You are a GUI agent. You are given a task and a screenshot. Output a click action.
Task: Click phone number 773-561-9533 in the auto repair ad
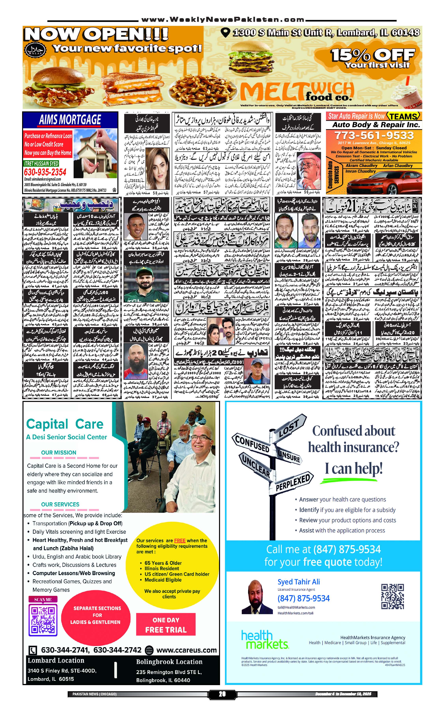[374, 136]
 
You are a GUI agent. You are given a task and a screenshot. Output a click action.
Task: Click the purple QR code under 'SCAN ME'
[43, 620]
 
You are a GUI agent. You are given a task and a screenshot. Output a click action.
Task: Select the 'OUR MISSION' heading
[59, 452]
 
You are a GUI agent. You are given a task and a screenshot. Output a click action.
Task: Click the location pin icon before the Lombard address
[225, 32]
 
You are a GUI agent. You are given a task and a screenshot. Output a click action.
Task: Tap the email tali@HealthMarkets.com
[296, 607]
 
